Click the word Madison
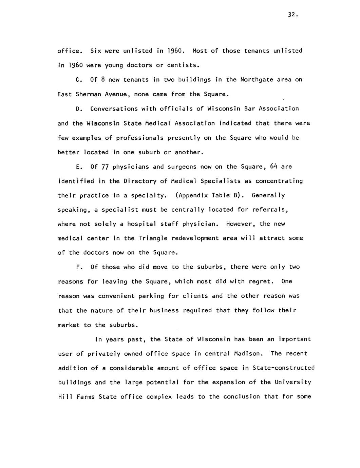pyautogui.click(x=248, y=354)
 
